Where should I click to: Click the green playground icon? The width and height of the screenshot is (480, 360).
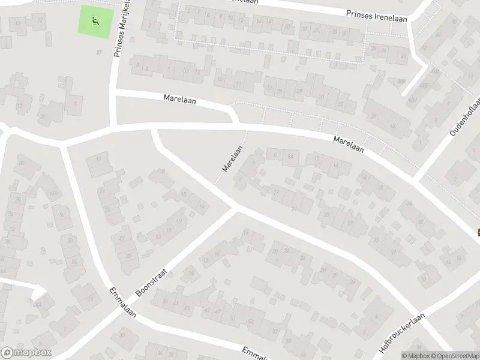[95, 21]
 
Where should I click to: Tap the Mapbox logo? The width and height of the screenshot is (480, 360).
[26, 353]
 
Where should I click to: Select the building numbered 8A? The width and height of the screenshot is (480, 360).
[290, 157]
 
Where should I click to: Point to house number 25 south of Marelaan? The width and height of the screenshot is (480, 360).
[327, 214]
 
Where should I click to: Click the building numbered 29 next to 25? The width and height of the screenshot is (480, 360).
[350, 223]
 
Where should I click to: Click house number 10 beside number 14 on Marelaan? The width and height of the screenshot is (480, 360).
[317, 158]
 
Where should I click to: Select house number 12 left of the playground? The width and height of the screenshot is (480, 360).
[40, 21]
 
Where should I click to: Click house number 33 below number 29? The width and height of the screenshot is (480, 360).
[376, 240]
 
